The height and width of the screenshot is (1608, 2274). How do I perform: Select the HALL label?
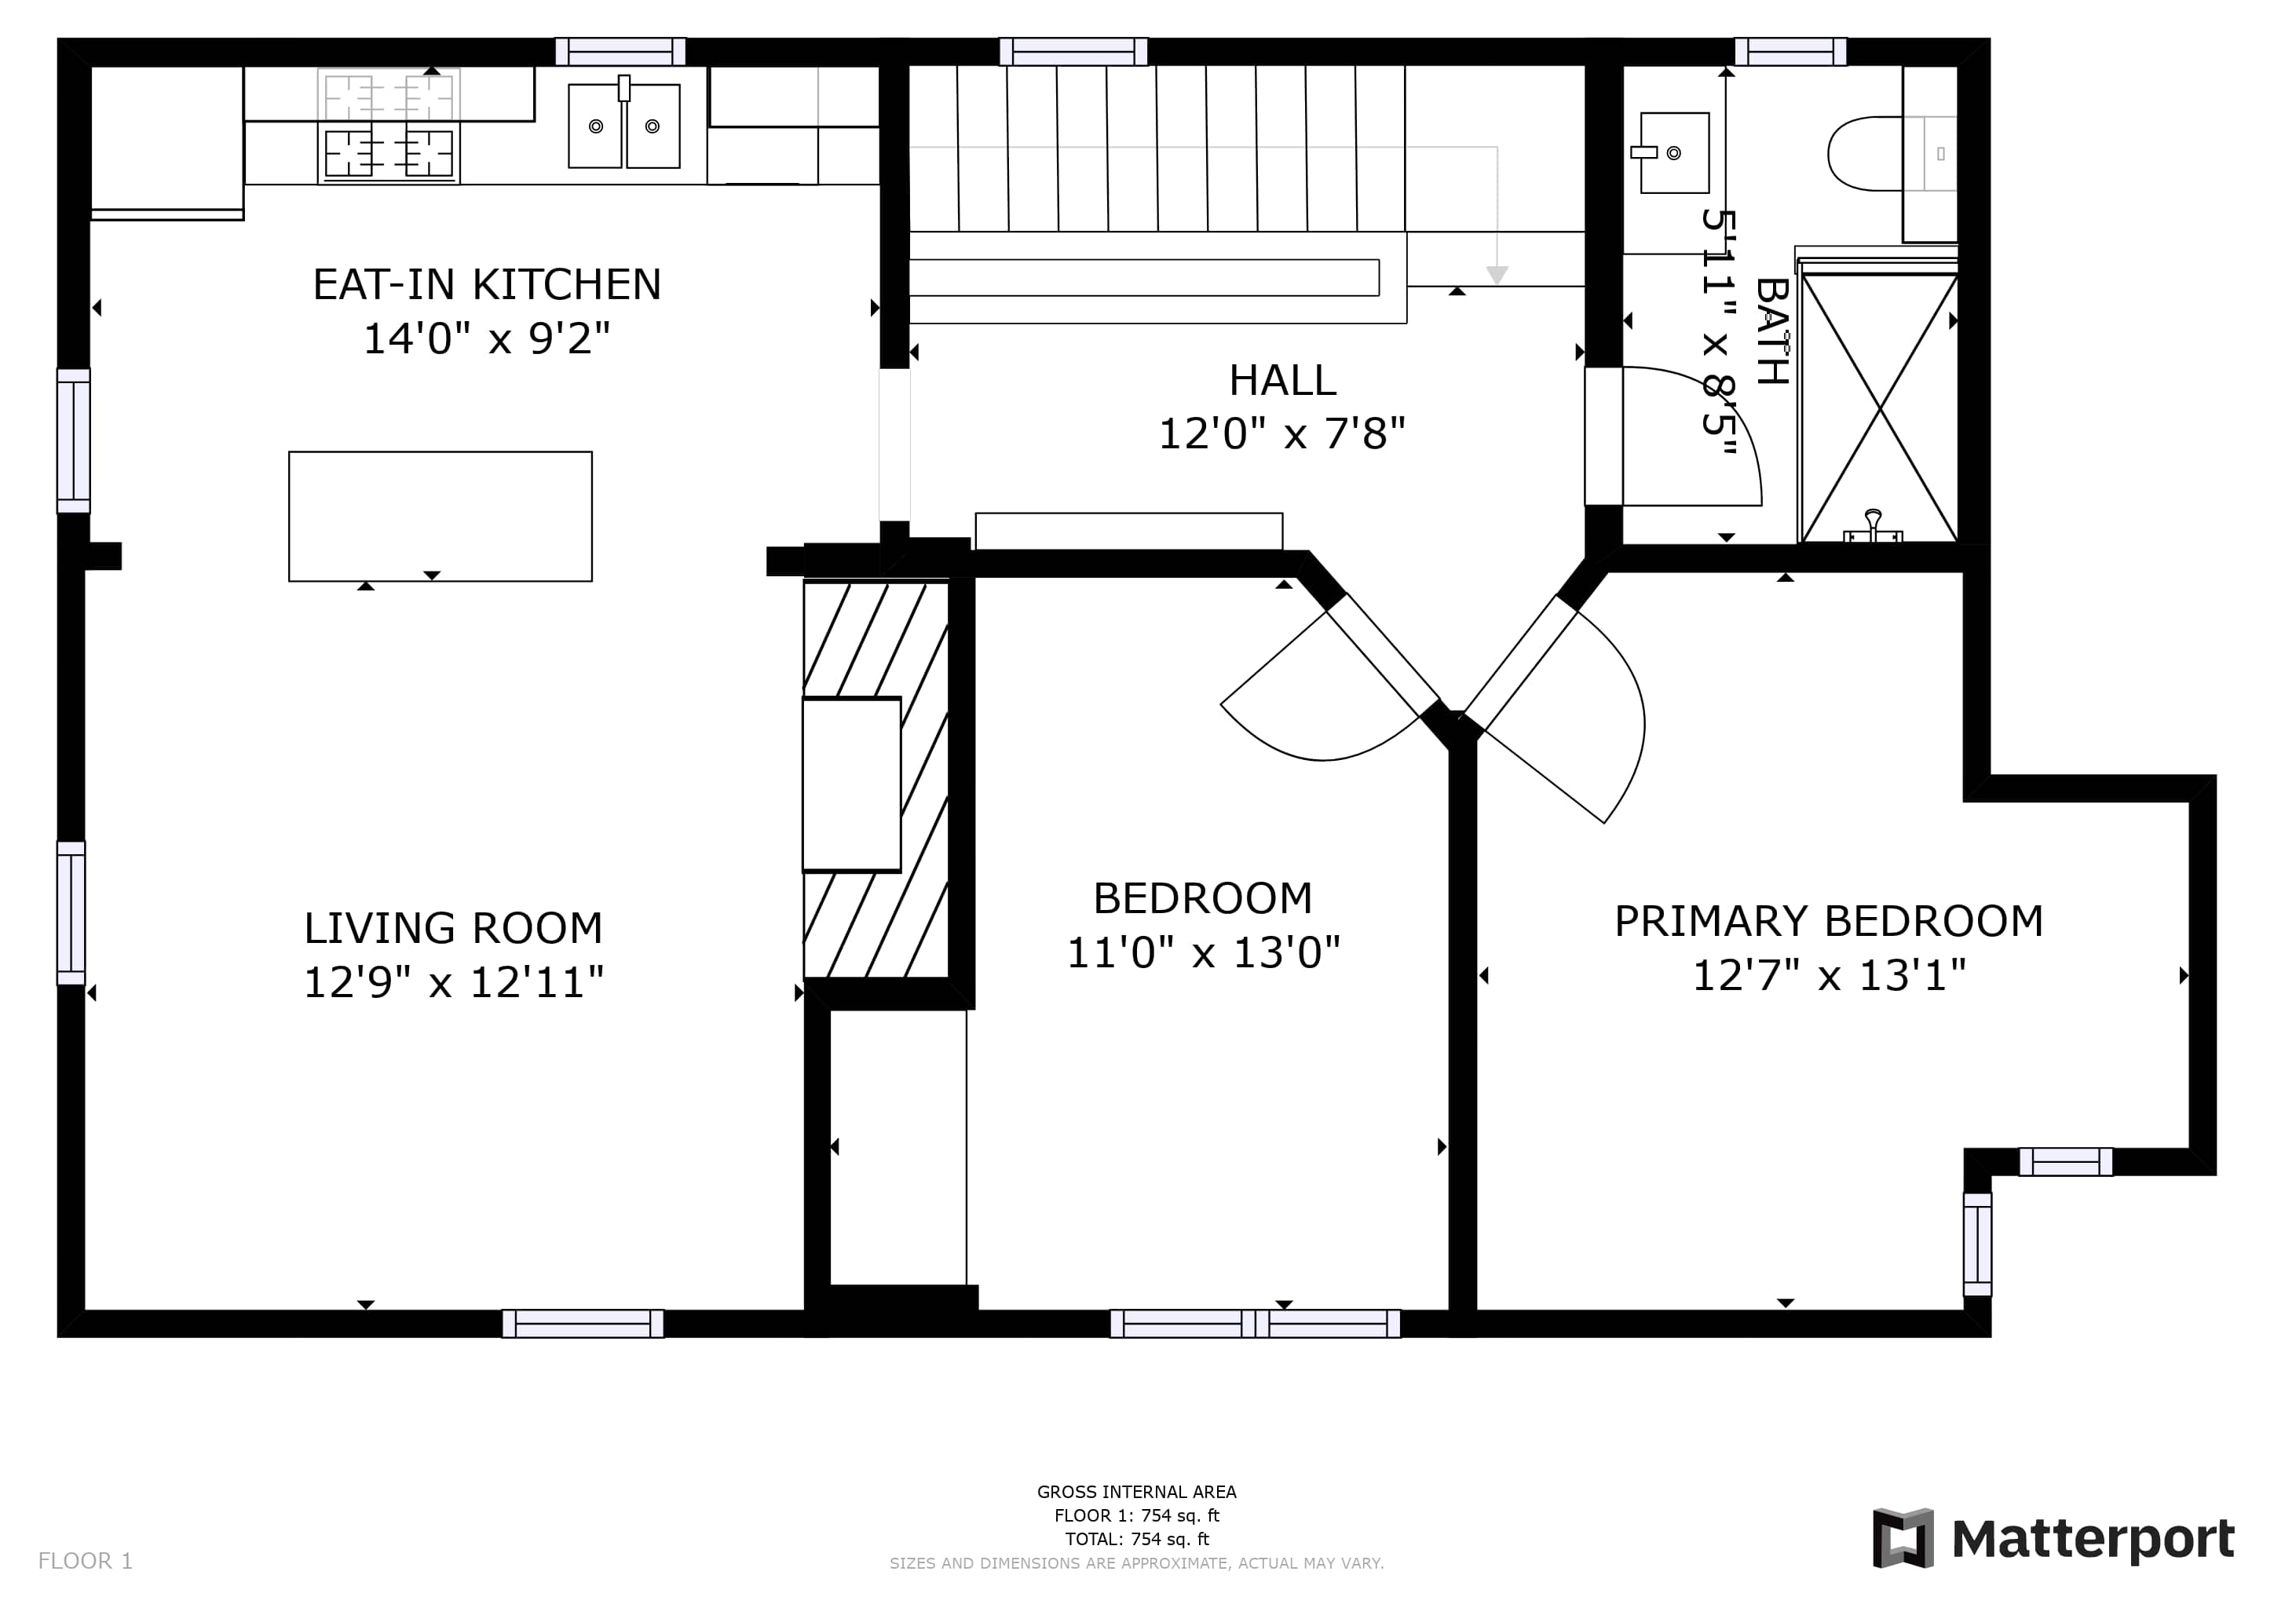[x=1282, y=380]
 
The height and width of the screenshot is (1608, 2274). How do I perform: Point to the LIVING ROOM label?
[x=454, y=929]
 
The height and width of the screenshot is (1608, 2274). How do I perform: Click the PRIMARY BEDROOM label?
[x=1828, y=922]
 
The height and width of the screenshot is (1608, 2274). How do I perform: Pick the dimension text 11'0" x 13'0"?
[x=1204, y=952]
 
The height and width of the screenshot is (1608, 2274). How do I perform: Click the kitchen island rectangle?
[x=441, y=517]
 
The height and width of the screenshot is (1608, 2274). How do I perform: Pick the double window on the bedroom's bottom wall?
[x=1255, y=1324]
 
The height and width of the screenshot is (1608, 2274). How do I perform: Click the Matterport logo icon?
[x=1903, y=1539]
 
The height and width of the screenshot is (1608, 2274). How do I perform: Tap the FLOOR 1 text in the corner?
[x=85, y=1562]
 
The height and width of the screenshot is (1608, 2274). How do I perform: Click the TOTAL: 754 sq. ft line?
[x=1137, y=1539]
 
